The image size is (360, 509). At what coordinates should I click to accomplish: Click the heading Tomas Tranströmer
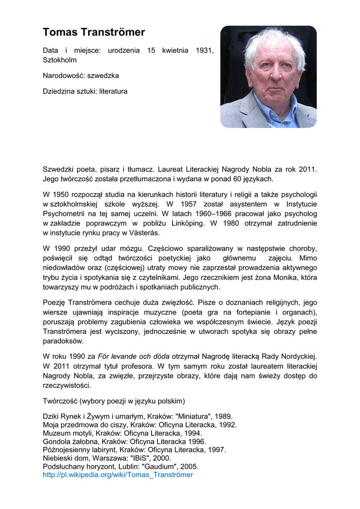coord(94,32)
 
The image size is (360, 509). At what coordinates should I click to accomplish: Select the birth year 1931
coord(205,51)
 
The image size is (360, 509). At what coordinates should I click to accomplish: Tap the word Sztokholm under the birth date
coord(59,60)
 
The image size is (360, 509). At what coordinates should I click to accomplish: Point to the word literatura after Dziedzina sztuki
coord(113,91)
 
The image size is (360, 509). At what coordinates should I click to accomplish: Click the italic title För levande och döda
coord(134,356)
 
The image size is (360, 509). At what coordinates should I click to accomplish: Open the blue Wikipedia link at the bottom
coord(118,475)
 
